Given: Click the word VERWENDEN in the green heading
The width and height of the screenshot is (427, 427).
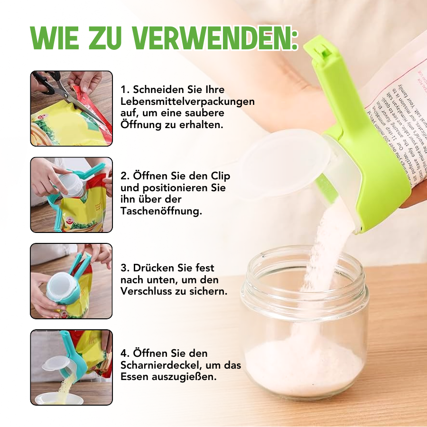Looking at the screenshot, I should [x=215, y=38].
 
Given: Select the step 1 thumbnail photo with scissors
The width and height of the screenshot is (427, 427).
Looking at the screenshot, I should [x=72, y=108].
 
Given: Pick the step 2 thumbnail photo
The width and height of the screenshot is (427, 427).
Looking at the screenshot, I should [x=72, y=195].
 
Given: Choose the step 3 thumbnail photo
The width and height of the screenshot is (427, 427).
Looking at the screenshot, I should [x=72, y=281].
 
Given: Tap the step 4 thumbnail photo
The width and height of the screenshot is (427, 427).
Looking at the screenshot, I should [x=72, y=367].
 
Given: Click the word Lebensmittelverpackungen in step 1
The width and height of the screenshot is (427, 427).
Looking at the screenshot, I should [x=187, y=102].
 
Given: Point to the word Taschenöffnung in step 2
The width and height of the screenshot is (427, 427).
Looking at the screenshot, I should [x=161, y=211].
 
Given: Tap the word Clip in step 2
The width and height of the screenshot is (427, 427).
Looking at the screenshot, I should [x=219, y=176].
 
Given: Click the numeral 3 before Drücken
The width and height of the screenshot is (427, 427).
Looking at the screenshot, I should [x=123, y=268].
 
